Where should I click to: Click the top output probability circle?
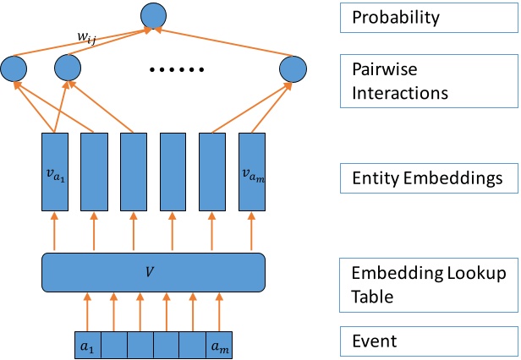coord(152,14)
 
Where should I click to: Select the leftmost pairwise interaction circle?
coord(14,69)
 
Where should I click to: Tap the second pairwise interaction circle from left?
coord(67,69)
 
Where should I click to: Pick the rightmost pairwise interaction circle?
coord(293,69)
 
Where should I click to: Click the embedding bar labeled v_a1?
coord(55,172)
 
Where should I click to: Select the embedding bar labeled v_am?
coord(252,172)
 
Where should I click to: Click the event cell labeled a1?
coord(87,345)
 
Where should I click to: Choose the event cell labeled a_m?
coord(219,345)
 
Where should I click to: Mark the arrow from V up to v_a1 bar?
coord(55,232)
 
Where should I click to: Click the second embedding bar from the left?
coord(94,172)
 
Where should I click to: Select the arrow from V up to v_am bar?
coord(252,232)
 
